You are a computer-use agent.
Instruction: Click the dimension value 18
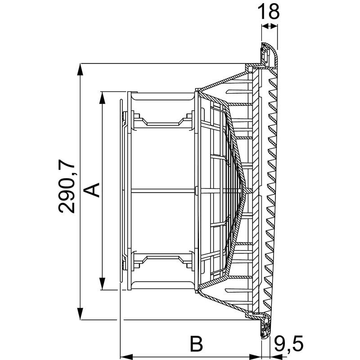pyautogui.click(x=268, y=12)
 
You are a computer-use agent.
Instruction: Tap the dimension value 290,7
pyautogui.click(x=67, y=186)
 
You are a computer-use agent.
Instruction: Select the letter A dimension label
pyautogui.click(x=91, y=190)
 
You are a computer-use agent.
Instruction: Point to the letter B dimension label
pyautogui.click(x=196, y=344)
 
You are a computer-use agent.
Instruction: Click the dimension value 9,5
pyautogui.click(x=289, y=344)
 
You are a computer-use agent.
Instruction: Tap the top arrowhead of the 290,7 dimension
pyautogui.click(x=80, y=69)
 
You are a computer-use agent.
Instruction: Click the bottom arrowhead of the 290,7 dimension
pyautogui.click(x=80, y=314)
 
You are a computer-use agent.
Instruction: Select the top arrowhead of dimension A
pyautogui.click(x=102, y=98)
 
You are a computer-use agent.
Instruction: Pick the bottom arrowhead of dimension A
pyautogui.click(x=102, y=284)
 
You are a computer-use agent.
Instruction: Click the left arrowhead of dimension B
pyautogui.click(x=126, y=357)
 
